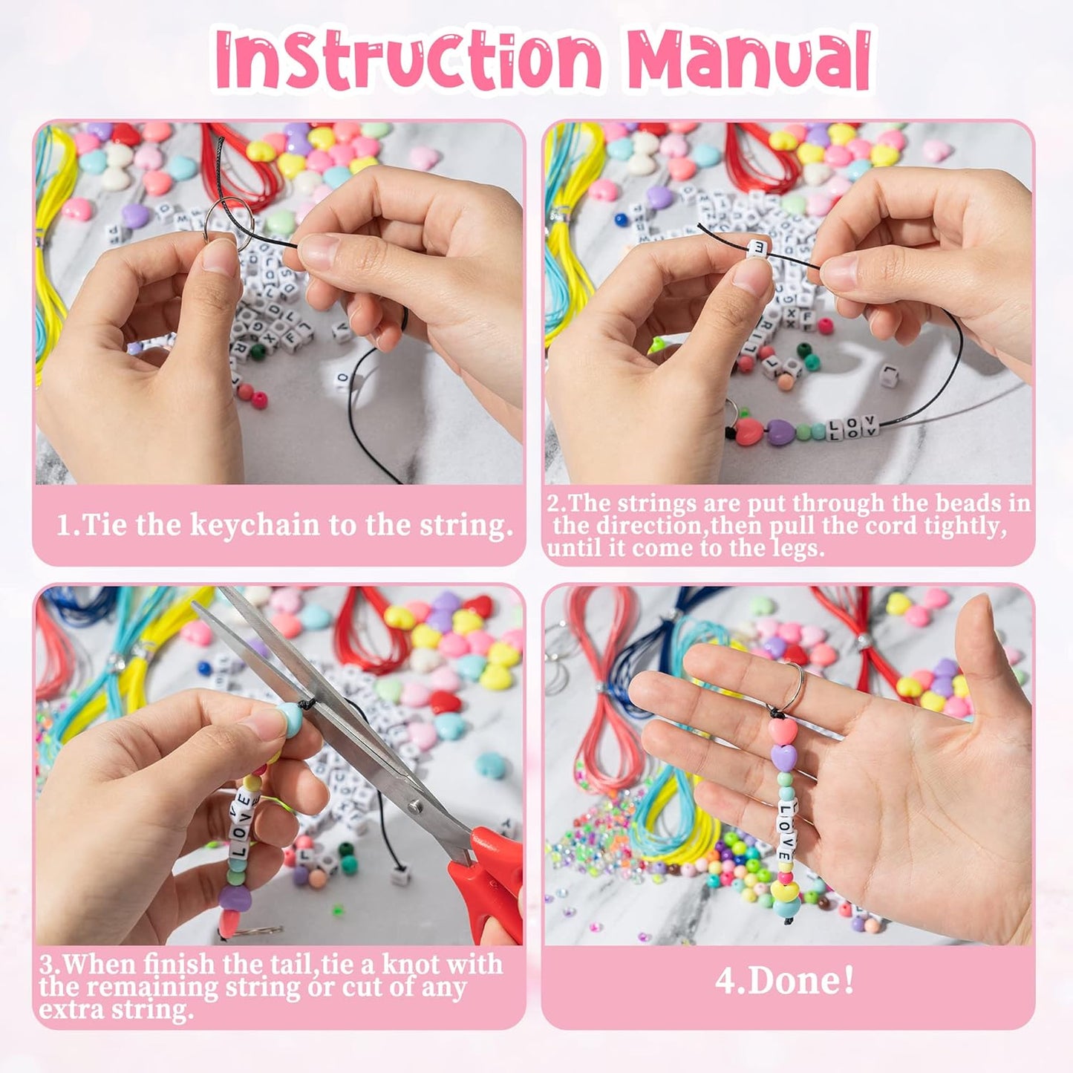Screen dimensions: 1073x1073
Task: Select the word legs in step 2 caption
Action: pos(795,549)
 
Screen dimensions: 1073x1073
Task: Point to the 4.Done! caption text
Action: pos(785,981)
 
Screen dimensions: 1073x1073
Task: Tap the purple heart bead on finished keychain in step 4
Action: pos(783,757)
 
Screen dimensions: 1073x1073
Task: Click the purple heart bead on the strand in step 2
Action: pos(780,431)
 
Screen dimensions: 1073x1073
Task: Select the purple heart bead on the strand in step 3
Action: pos(232,899)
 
